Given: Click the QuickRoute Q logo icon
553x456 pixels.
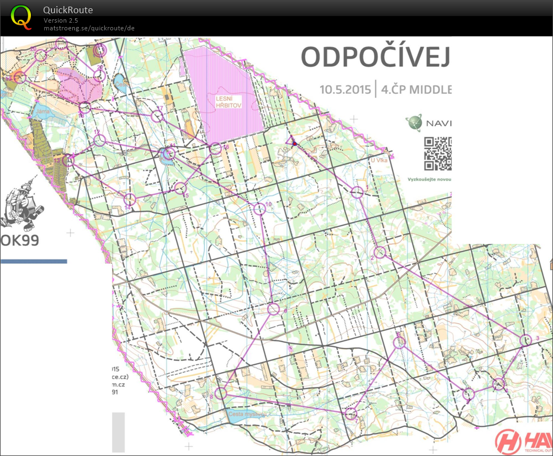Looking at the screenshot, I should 21,17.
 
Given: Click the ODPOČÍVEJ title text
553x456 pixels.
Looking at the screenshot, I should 375,57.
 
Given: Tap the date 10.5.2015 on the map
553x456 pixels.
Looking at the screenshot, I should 344,89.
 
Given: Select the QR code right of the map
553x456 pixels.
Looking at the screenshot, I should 438,154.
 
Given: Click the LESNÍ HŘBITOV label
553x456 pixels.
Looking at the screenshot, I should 230,102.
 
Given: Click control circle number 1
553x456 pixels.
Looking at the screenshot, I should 357,192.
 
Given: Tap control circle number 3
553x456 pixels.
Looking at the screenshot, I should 525,341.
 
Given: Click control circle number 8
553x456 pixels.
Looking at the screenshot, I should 221,393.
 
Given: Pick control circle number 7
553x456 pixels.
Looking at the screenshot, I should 351,413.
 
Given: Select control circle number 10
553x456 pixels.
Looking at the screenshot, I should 259,209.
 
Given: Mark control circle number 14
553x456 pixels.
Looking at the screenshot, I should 130,199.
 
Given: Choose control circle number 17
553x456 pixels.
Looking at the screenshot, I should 157,116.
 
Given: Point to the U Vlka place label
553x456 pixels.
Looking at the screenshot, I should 380,160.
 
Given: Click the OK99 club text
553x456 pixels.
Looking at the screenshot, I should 21,241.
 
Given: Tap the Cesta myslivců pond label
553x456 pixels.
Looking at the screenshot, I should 248,413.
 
